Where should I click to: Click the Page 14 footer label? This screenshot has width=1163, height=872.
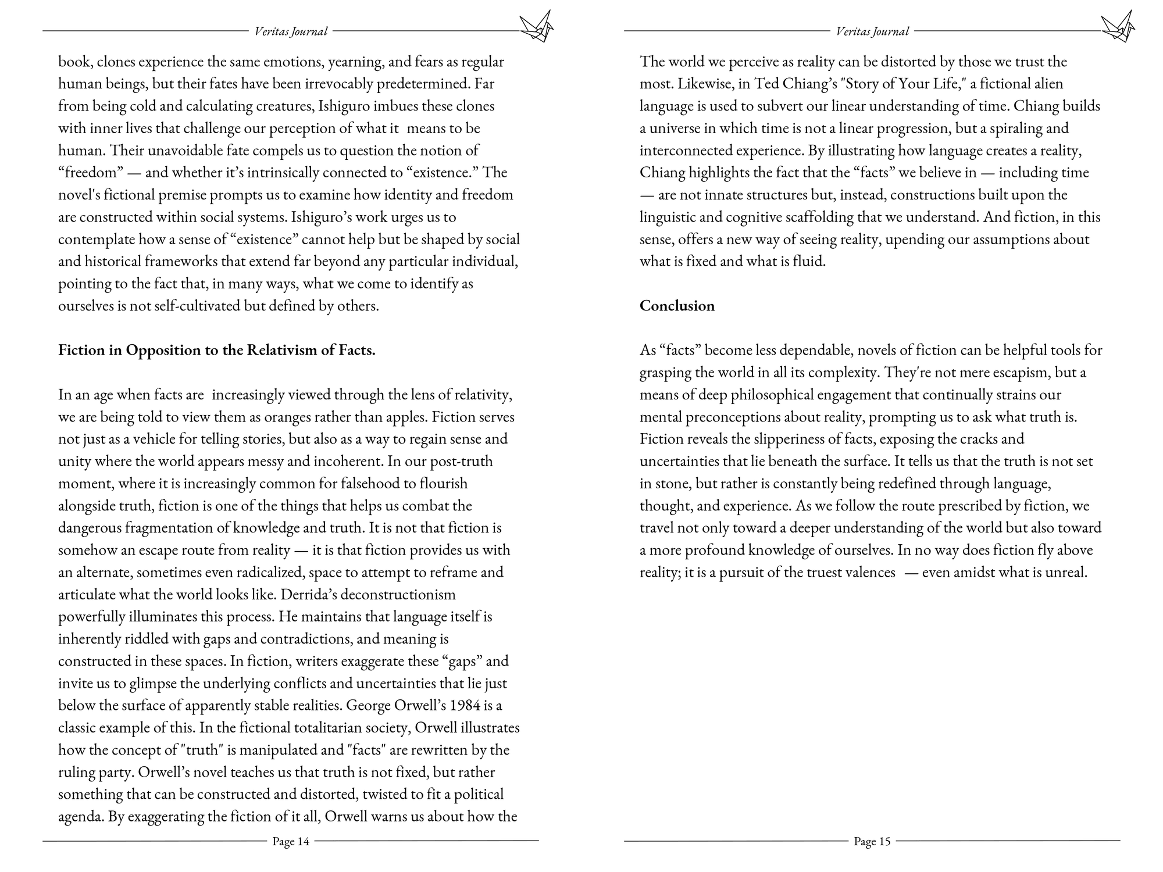(291, 841)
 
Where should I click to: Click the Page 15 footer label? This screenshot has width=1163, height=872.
(872, 841)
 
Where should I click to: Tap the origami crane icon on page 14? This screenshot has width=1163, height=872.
(536, 27)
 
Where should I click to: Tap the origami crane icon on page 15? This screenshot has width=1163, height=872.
(1118, 27)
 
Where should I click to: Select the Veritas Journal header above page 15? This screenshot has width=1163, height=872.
(872, 31)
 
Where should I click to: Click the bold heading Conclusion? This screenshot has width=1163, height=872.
(677, 306)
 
